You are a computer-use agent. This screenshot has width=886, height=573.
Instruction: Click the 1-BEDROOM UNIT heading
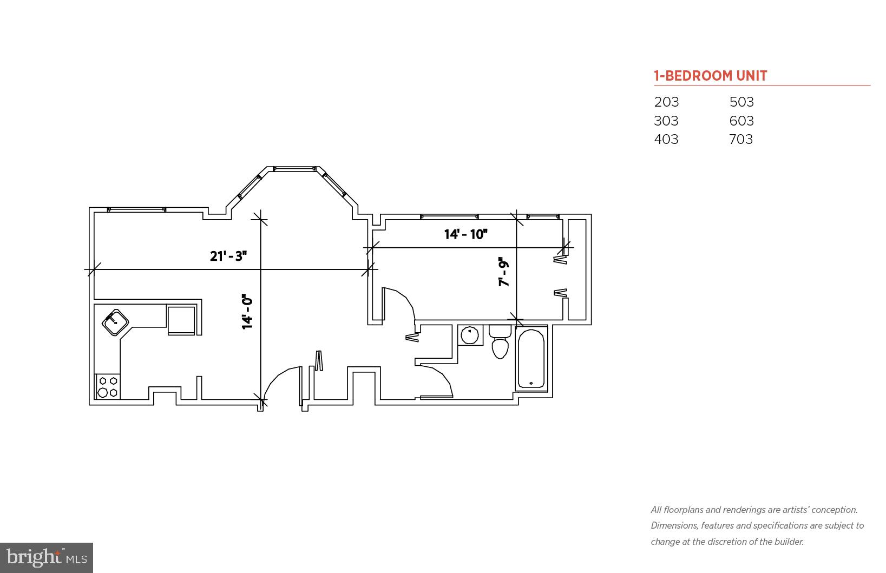tap(710, 76)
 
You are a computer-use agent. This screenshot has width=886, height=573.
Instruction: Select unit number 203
tap(666, 102)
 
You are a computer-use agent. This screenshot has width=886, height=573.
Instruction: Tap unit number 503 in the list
tap(741, 102)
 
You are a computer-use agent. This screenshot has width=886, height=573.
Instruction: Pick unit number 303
tap(666, 121)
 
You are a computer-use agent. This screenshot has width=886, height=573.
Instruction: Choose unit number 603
tap(741, 121)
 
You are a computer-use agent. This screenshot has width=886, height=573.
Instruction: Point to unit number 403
tap(666, 139)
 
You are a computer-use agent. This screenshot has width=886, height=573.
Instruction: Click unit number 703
tap(741, 139)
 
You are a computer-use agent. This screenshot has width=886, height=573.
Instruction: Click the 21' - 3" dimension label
tap(228, 256)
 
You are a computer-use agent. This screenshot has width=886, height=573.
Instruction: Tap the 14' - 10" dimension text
tap(465, 234)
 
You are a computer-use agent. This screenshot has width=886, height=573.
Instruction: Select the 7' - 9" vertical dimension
tap(504, 271)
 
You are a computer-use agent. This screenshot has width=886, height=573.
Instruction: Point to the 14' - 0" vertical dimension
tap(247, 312)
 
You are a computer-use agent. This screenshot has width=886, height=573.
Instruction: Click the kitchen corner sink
tap(115, 322)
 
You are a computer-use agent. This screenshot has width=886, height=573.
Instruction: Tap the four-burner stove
tap(108, 386)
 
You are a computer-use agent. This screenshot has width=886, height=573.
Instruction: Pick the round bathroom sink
tap(470, 335)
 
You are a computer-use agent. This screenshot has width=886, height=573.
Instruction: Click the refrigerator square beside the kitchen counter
tap(181, 320)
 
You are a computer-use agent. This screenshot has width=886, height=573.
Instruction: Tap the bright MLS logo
tap(47, 557)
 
